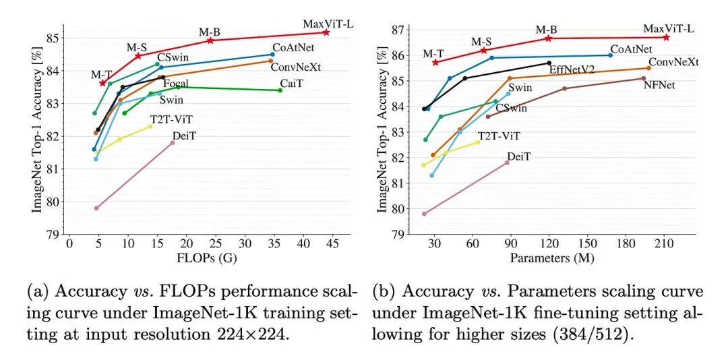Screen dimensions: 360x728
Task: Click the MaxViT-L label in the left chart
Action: coord(328,24)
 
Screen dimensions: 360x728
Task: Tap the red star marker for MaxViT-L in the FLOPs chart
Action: coord(326,32)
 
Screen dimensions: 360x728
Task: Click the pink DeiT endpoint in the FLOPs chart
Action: coord(173,143)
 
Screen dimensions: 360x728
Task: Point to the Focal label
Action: coord(176,84)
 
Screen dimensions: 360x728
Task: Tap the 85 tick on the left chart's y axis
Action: coord(52,37)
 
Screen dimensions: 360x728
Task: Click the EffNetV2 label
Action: coord(572,69)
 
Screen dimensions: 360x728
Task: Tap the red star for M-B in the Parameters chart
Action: coord(548,38)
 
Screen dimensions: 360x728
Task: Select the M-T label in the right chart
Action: coord(433,54)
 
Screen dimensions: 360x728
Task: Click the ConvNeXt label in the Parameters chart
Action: coord(673,62)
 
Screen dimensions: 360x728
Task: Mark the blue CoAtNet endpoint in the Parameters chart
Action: coord(610,55)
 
